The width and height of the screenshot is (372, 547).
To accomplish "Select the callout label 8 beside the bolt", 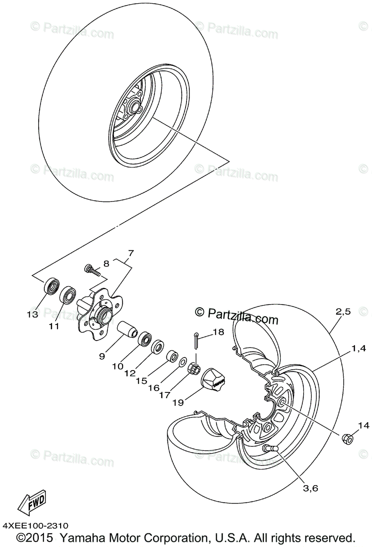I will (106, 263).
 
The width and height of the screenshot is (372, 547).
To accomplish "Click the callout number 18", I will (218, 332).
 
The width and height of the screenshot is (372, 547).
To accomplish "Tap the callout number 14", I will (362, 426).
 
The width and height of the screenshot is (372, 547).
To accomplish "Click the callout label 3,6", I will (310, 488).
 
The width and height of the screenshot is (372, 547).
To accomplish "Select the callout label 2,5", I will (343, 312).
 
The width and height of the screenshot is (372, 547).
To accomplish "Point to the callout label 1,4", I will (358, 349).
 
